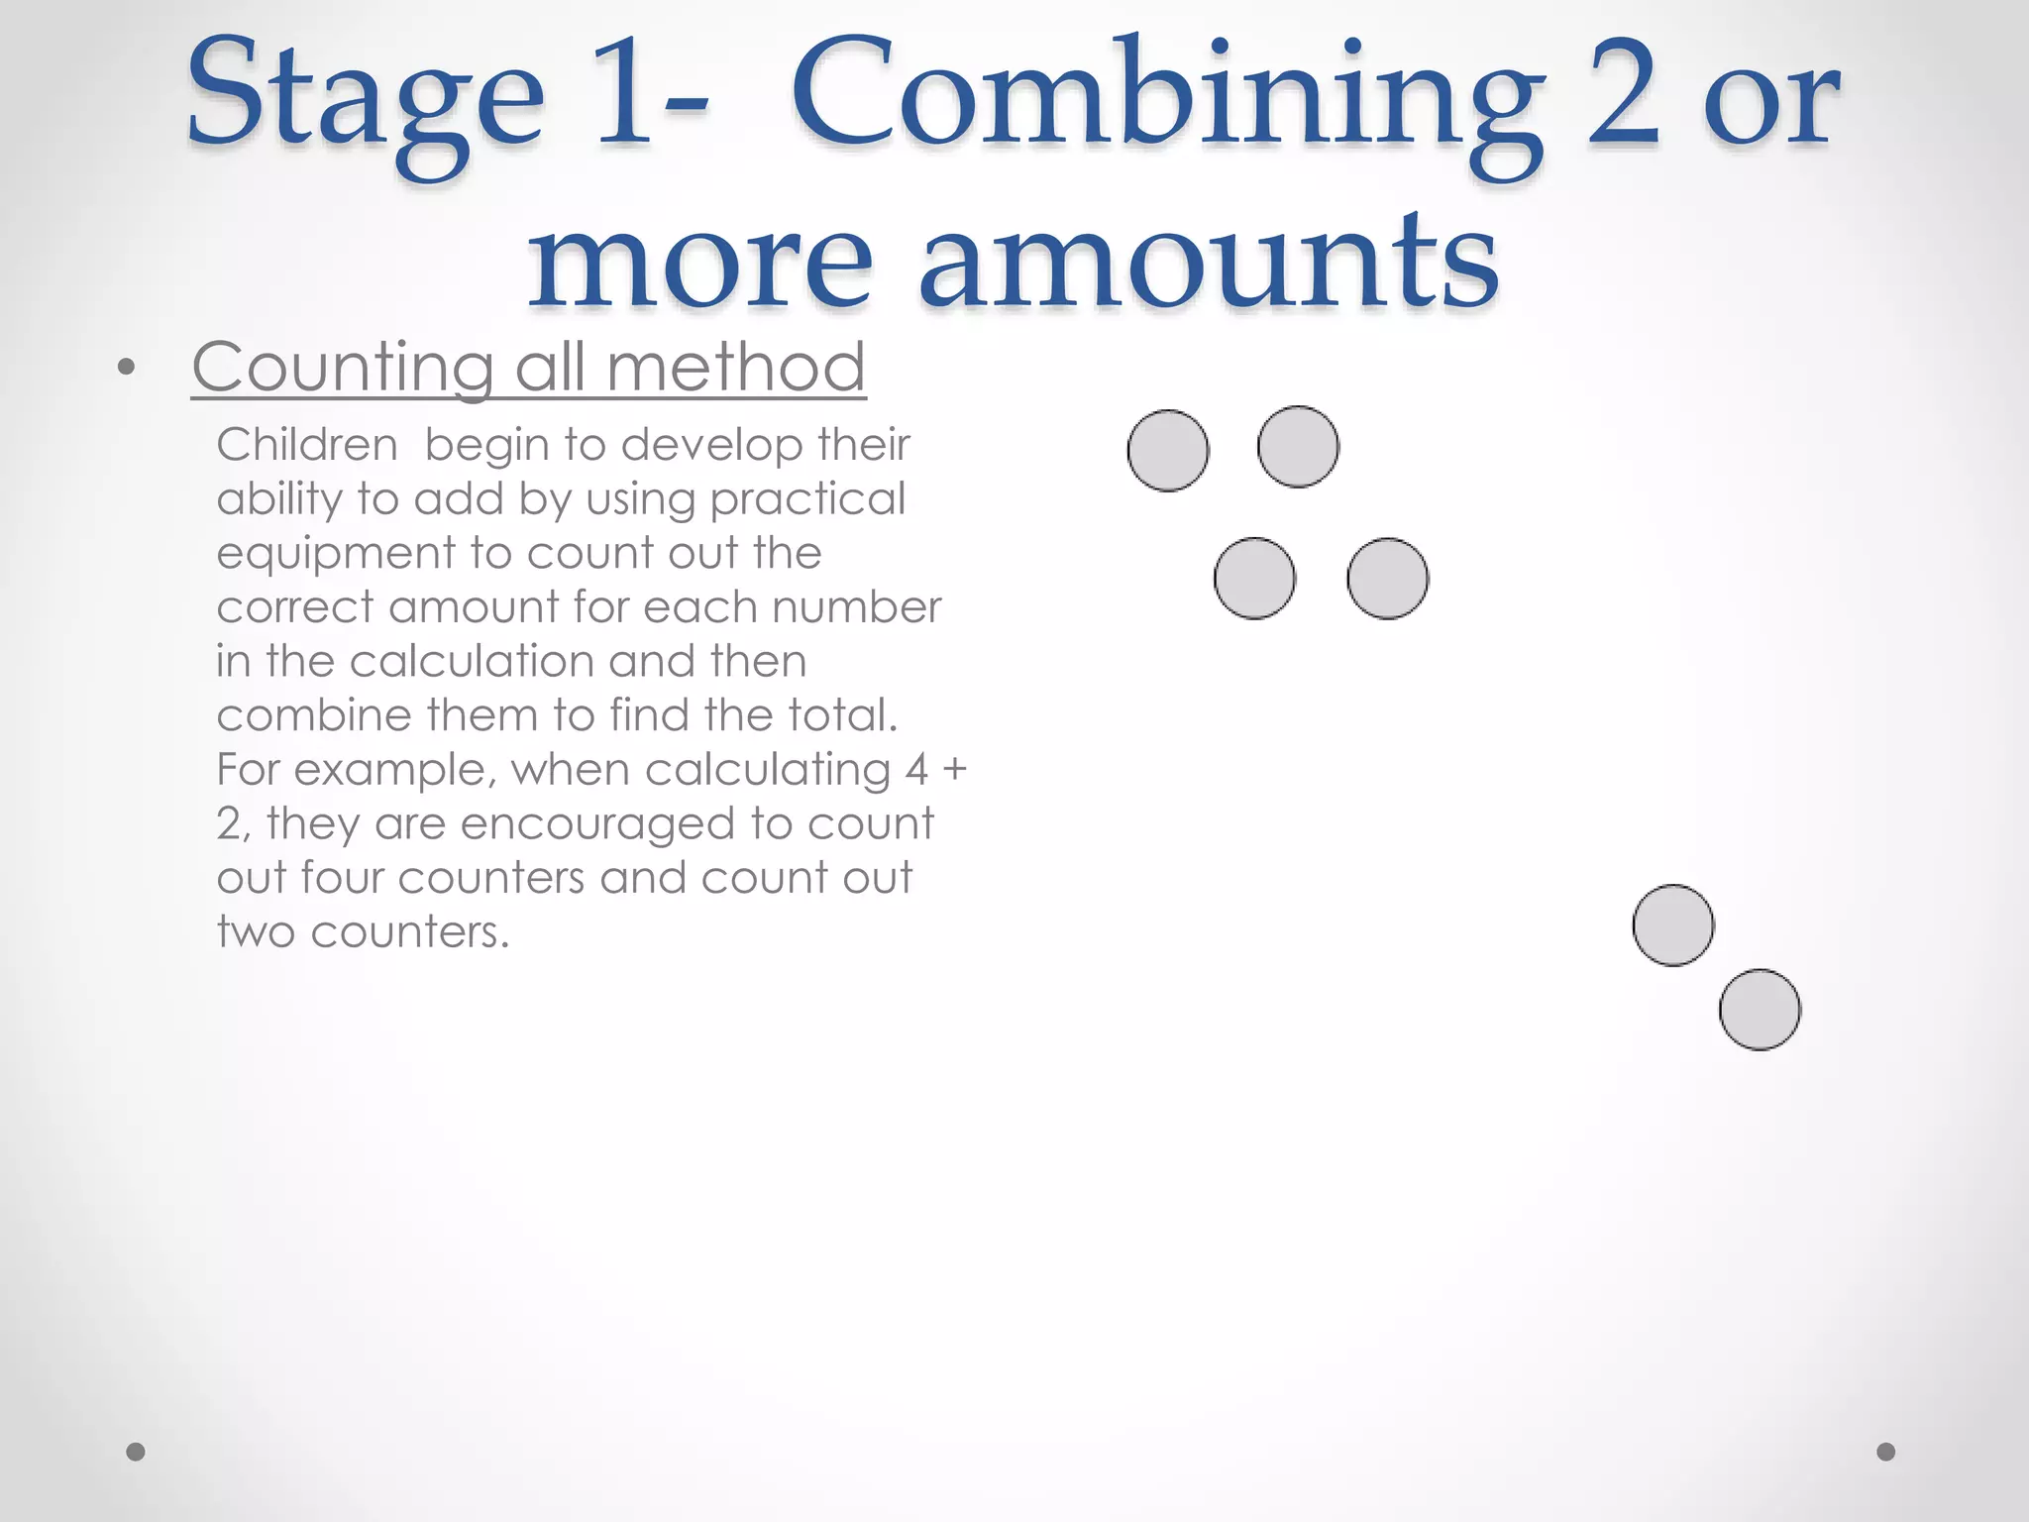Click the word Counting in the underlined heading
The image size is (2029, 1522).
point(342,368)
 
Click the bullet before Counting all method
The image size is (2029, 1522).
point(126,369)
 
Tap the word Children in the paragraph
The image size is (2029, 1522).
point(307,445)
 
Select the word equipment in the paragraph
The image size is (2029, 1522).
point(336,553)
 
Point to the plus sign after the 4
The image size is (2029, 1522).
point(954,770)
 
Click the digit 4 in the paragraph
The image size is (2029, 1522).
point(916,770)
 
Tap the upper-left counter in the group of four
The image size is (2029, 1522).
point(1168,451)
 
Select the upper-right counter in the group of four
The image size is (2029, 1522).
point(1298,447)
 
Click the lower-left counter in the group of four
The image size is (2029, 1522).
point(1254,579)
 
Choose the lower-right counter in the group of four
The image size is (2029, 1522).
point(1387,579)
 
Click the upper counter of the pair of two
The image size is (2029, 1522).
point(1673,925)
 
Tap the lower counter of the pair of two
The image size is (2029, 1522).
point(1760,1010)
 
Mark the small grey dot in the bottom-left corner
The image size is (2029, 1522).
point(137,1452)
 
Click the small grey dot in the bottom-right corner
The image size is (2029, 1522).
point(1886,1452)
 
